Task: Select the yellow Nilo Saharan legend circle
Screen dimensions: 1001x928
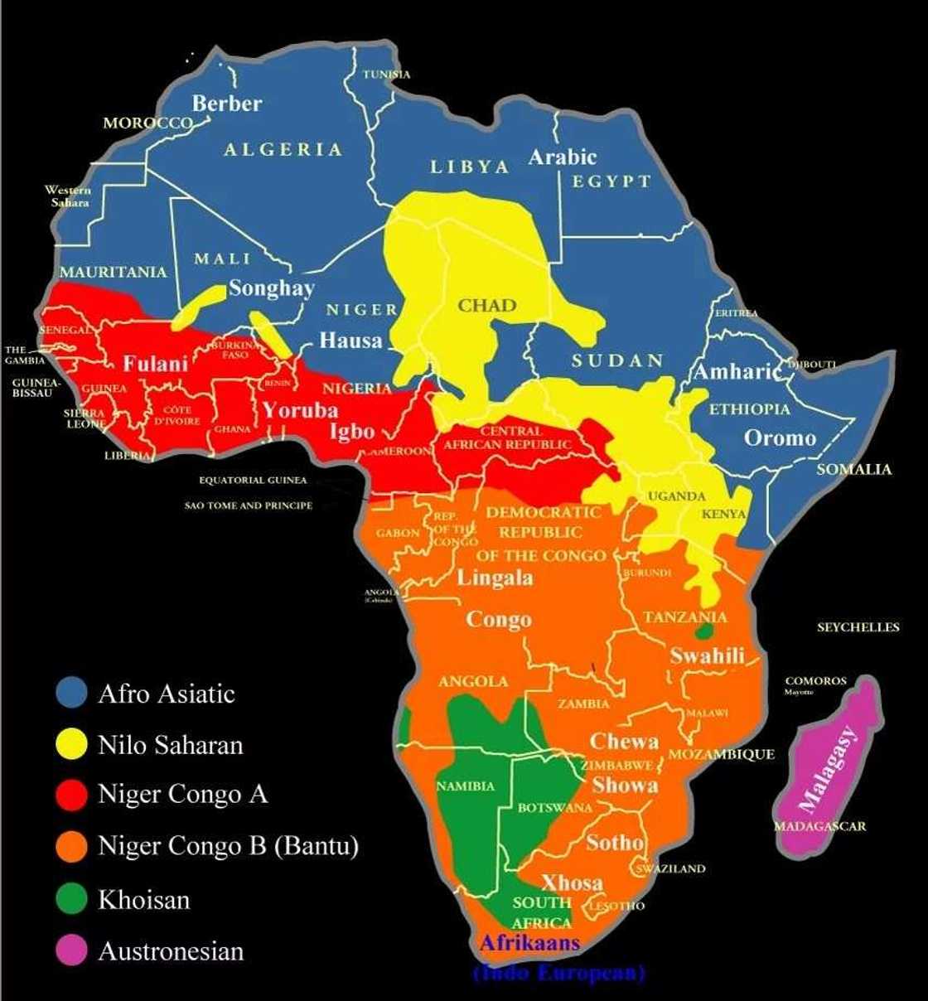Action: coord(71,744)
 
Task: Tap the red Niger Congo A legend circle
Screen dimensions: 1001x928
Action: coord(71,794)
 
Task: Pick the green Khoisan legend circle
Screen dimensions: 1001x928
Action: coord(71,899)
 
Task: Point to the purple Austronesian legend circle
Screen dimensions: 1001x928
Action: coord(71,950)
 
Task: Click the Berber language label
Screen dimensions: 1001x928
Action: coord(227,104)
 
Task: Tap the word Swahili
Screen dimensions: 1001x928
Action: coord(707,655)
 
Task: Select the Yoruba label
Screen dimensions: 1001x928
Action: coord(300,410)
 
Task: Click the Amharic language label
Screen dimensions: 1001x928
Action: coord(737,371)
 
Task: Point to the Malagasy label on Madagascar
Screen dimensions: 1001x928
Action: coord(829,769)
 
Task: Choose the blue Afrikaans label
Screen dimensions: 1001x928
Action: coord(529,943)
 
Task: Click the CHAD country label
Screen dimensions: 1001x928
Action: coord(487,306)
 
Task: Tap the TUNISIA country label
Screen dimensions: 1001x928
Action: coord(386,75)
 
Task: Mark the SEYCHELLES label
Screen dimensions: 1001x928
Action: coord(858,627)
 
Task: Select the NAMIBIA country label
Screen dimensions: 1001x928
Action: coord(465,786)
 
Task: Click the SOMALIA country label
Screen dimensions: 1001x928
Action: coord(853,469)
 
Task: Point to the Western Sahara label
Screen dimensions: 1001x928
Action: coord(68,196)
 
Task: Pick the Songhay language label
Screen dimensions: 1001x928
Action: coord(271,288)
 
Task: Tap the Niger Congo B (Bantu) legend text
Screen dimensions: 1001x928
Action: coord(228,846)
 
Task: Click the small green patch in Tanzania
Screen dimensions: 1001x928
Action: coord(703,631)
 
